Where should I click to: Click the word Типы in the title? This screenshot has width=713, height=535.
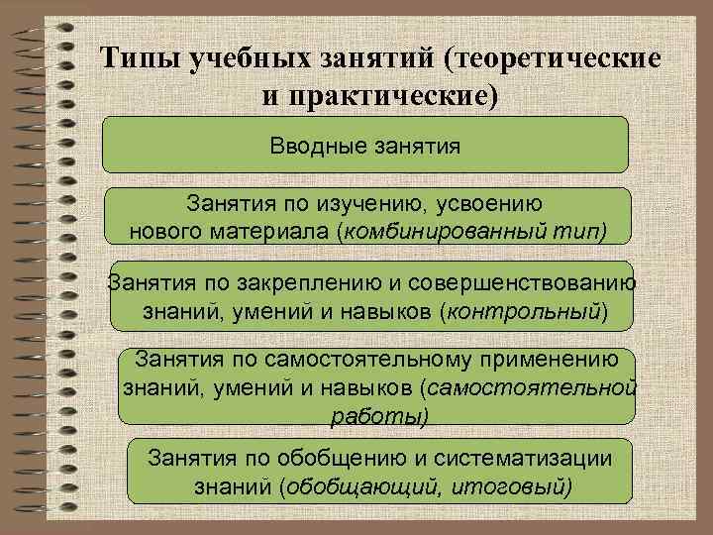pos(142,57)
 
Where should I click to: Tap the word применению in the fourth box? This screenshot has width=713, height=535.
pos(558,357)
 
